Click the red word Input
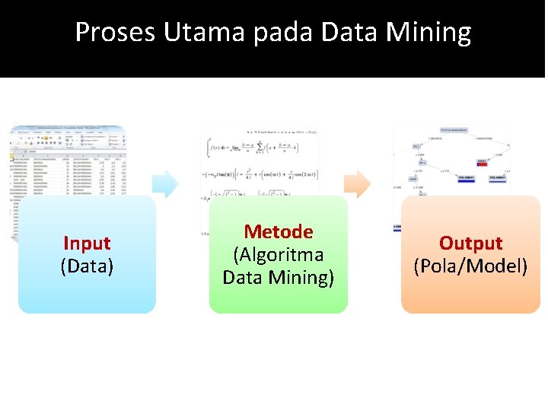(87, 244)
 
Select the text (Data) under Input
(87, 266)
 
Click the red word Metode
(279, 231)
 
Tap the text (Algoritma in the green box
(279, 254)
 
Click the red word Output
(470, 244)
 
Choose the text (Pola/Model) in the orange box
(470, 266)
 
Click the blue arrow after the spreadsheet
(164, 183)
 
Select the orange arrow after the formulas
(358, 183)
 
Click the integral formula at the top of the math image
(259, 149)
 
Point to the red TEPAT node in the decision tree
(482, 162)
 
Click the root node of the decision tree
(454, 130)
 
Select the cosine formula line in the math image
(259, 175)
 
